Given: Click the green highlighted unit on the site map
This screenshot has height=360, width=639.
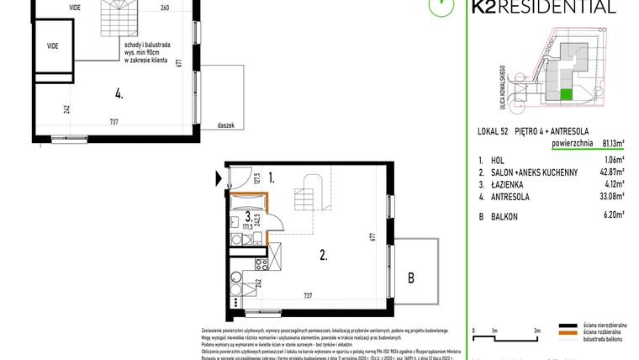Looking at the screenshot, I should [566, 94].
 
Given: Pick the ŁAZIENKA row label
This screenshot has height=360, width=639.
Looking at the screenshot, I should [511, 183].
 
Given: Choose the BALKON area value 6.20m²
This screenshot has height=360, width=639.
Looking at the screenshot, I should [614, 214].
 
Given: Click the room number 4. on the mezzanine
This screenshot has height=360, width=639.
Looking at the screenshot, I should [119, 94].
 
